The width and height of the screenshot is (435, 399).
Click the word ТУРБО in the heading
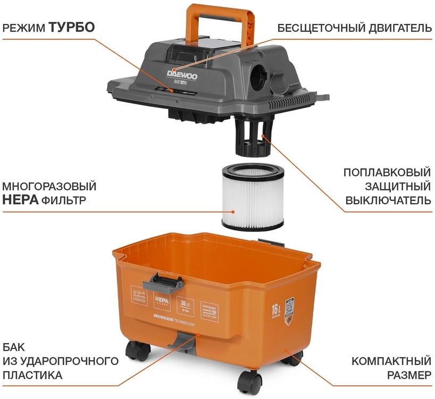pyautogui.click(x=72, y=27)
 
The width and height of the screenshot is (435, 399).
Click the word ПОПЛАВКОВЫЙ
pyautogui.click(x=387, y=172)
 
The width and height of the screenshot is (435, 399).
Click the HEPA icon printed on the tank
pyautogui.click(x=161, y=301)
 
